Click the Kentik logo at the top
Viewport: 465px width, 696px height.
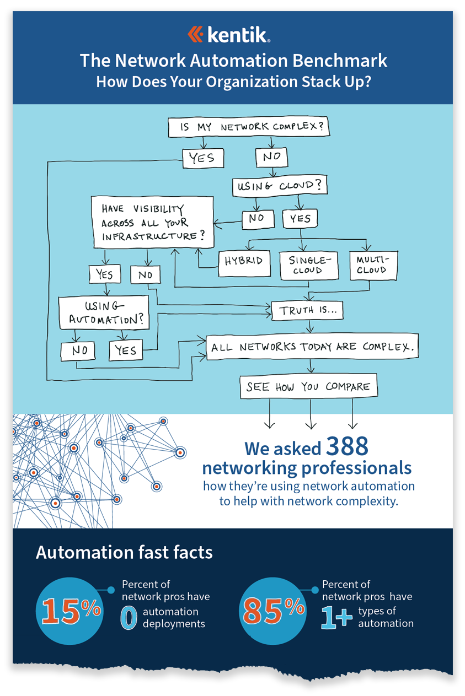[228, 35]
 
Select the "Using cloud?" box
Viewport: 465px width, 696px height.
[279, 186]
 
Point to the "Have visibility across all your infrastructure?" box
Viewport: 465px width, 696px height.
[152, 222]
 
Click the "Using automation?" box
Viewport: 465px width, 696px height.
[104, 312]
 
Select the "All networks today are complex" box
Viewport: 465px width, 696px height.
[311, 347]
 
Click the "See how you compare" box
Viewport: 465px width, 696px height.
[308, 387]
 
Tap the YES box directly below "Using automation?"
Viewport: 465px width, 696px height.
[126, 350]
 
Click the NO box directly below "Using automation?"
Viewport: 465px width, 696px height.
[78, 350]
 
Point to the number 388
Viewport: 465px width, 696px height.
[346, 446]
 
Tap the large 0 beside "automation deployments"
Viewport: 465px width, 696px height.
[129, 618]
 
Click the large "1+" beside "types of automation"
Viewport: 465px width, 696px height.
[336, 618]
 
